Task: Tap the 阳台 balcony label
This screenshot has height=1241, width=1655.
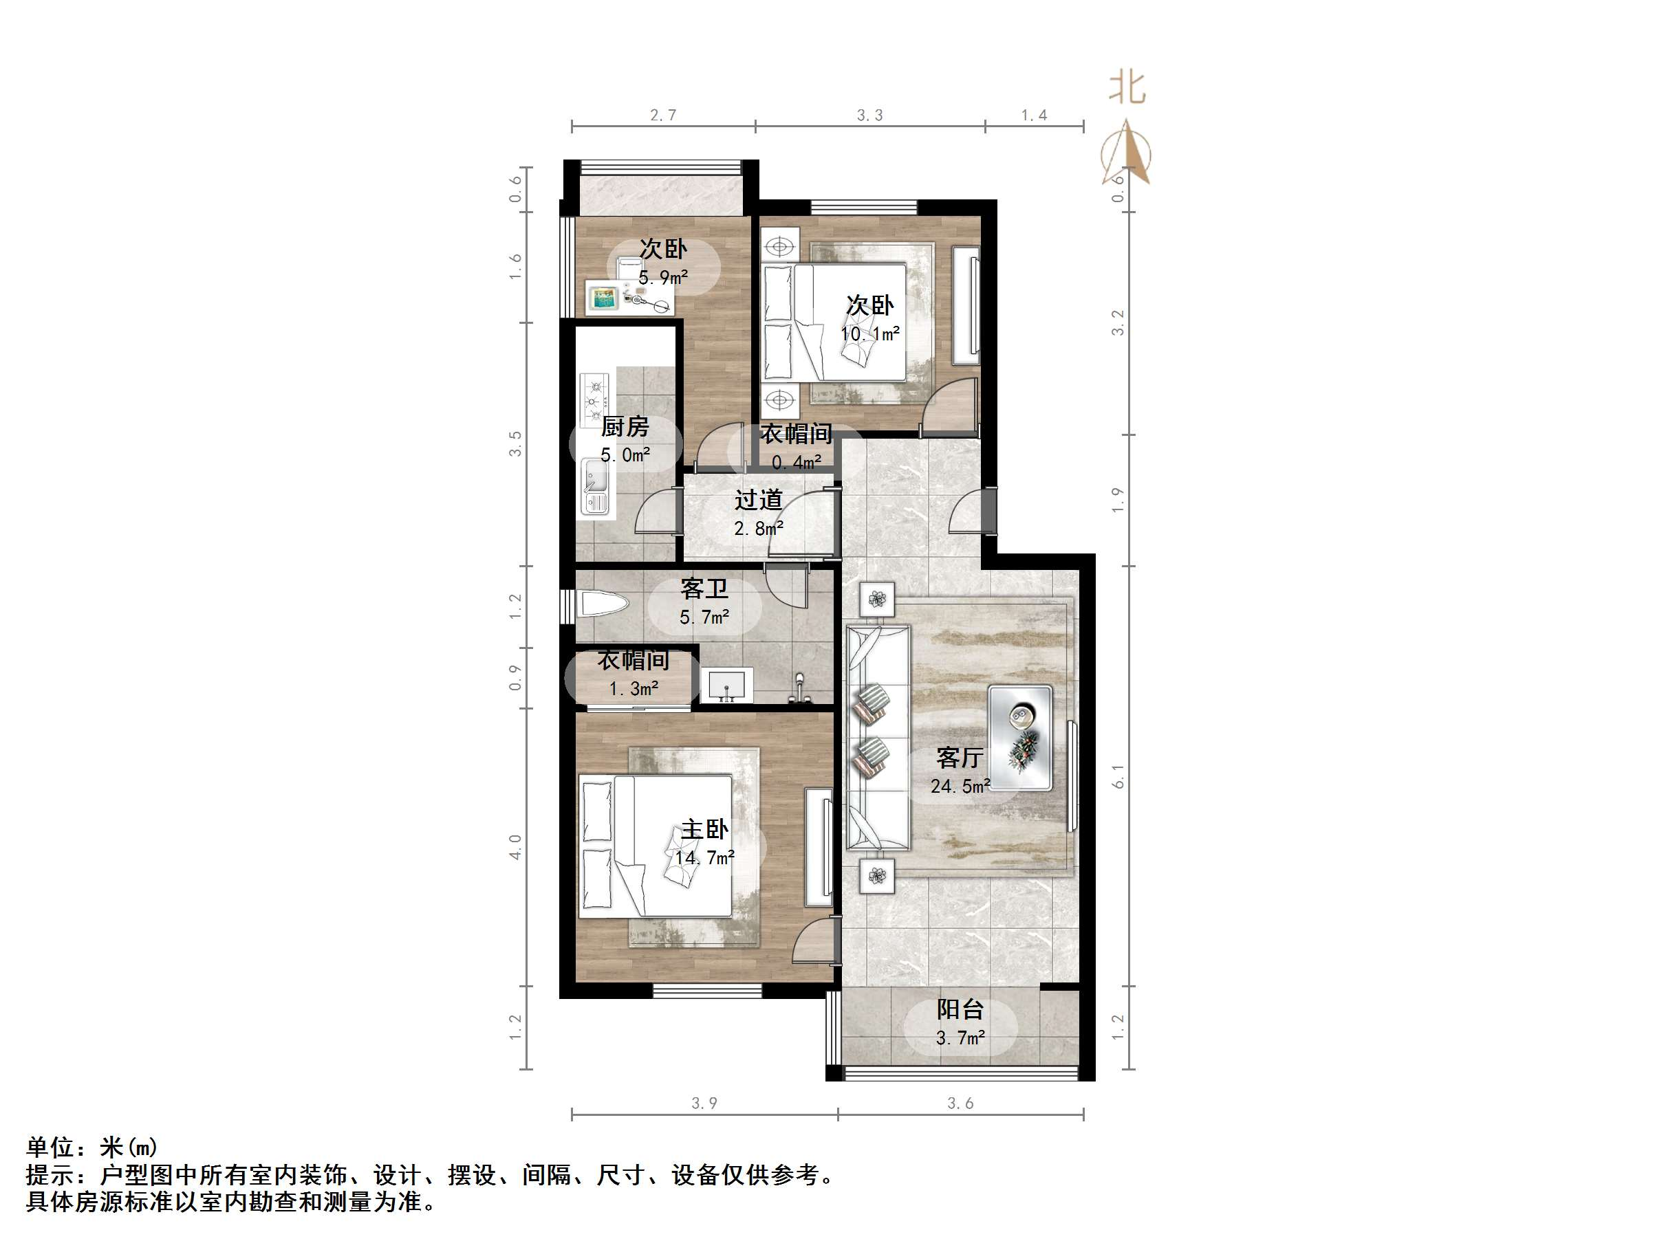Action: click(960, 1010)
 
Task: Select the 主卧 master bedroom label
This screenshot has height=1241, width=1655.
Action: click(704, 830)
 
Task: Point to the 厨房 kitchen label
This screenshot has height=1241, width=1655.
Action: click(625, 427)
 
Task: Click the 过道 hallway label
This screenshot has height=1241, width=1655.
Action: click(758, 500)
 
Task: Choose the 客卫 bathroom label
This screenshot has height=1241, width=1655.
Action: click(703, 589)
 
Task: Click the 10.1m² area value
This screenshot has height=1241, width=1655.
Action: click(869, 333)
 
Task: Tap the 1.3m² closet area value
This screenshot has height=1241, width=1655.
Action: click(634, 689)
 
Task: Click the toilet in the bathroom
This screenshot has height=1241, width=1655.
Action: click(603, 604)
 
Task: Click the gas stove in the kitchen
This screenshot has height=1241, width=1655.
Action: click(596, 399)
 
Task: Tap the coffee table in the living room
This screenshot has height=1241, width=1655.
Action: click(1020, 737)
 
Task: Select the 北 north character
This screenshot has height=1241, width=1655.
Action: click(1127, 88)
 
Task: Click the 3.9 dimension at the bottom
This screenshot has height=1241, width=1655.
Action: click(704, 1103)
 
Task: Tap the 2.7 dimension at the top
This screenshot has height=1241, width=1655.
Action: click(663, 116)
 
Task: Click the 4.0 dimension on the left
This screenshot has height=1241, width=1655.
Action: click(515, 847)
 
